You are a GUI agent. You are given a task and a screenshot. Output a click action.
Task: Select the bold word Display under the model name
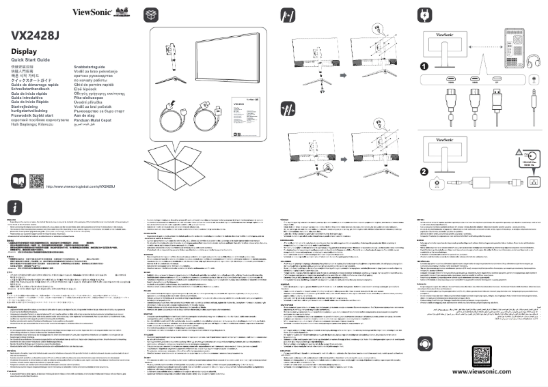click(x=24, y=52)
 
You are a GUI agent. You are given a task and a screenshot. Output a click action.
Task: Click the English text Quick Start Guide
click(x=31, y=60)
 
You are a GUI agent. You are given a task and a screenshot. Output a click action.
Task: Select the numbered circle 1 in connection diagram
click(x=424, y=66)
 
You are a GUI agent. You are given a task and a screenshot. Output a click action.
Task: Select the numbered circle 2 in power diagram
click(x=424, y=171)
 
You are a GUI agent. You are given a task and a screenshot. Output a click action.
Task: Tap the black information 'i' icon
click(x=16, y=207)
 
